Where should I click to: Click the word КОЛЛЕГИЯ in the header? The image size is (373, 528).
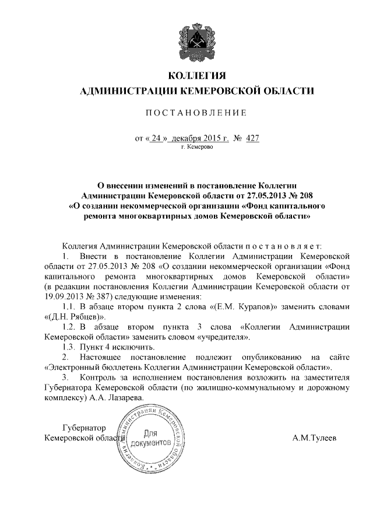[196, 76]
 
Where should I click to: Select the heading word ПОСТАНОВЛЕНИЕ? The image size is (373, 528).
[196, 113]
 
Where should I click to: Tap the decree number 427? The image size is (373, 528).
[252, 138]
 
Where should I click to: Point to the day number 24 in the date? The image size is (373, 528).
[155, 138]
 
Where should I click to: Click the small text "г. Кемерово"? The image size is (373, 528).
[197, 148]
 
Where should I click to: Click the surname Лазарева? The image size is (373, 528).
[123, 397]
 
